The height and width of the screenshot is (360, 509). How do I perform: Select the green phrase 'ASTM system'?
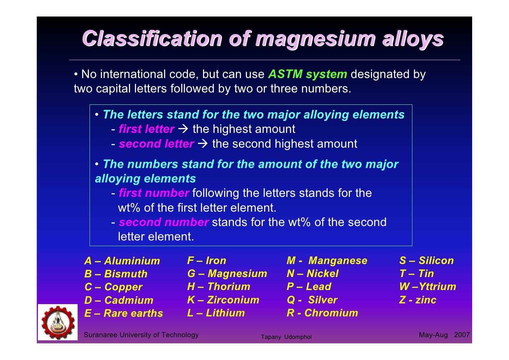click(307, 74)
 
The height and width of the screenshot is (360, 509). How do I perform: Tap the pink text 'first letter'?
click(146, 129)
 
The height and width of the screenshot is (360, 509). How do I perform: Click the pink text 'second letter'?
click(156, 144)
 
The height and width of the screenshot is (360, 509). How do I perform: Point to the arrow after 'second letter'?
click(203, 143)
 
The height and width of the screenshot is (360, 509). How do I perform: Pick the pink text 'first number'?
click(154, 193)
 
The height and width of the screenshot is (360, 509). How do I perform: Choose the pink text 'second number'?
click(164, 222)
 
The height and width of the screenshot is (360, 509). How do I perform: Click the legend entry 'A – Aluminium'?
click(122, 261)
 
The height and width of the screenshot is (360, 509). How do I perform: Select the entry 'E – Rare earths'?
click(124, 313)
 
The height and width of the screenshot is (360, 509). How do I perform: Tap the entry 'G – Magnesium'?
click(227, 274)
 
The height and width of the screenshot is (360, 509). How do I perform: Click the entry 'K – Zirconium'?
click(223, 300)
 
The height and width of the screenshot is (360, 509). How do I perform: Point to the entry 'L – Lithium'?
click(216, 313)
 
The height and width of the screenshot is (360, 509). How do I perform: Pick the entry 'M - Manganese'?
click(327, 261)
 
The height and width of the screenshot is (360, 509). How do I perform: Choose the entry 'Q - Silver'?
click(312, 300)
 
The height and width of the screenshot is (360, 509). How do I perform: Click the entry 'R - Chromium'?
click(322, 313)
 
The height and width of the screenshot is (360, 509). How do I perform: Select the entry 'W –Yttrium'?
click(428, 287)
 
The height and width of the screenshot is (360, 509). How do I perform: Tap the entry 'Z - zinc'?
click(418, 300)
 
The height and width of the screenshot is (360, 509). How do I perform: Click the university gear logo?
click(58, 322)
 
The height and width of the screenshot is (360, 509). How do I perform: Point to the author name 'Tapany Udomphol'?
click(286, 337)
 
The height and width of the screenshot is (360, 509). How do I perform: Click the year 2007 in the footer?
click(462, 335)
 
